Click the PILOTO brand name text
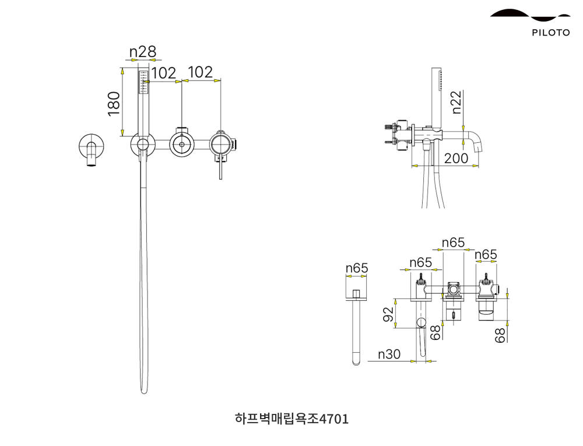pos(550,33)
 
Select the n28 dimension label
pos(143,52)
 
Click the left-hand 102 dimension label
pos(163,73)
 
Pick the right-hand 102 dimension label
pos(201,72)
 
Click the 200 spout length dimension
pos(456,158)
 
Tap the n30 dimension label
pos(389,354)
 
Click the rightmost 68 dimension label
pos(500,335)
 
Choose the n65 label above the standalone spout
pos(357,268)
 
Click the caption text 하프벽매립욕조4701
pos(291,419)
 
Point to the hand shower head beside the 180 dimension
pos(143,82)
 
